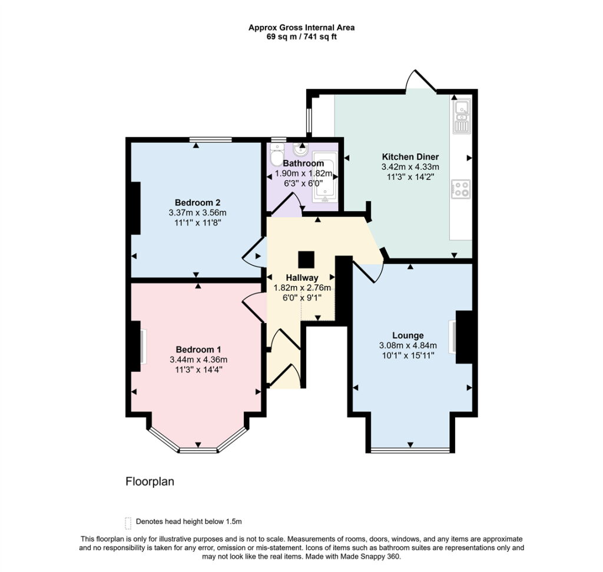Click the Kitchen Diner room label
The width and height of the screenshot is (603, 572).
click(410, 157)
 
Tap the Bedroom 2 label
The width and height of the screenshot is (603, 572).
click(197, 202)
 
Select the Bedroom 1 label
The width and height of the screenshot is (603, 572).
click(198, 350)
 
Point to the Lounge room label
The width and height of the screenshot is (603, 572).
click(407, 335)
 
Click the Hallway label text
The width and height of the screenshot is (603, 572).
click(302, 278)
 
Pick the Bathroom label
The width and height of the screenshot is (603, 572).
click(303, 164)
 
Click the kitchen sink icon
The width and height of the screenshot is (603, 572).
click(461, 117)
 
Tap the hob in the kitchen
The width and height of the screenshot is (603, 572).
click(460, 189)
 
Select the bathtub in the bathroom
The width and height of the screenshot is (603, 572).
click(325, 177)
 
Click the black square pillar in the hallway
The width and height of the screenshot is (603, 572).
click(306, 260)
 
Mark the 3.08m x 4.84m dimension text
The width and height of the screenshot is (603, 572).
click(407, 345)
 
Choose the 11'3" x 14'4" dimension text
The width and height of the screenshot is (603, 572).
click(198, 370)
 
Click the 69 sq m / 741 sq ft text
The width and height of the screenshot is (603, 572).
click(301, 37)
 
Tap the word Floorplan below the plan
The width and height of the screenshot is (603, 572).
click(150, 481)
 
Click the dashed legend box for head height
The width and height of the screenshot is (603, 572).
click(128, 523)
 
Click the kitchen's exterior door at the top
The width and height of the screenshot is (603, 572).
click(422, 81)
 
